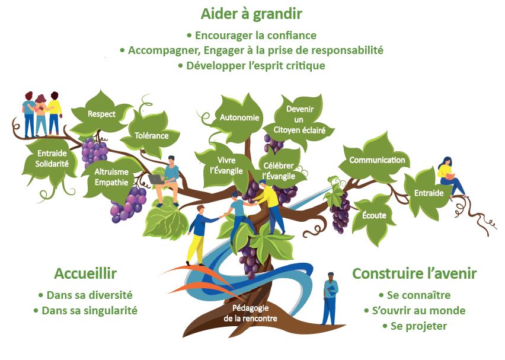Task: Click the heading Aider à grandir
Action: pyautogui.click(x=251, y=14)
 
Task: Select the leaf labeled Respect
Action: pyautogui.click(x=101, y=113)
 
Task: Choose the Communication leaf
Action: pyautogui.click(x=377, y=160)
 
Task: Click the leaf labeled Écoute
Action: pyautogui.click(x=374, y=216)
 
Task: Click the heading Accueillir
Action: pyautogui.click(x=85, y=273)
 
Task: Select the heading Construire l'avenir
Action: pyautogui.click(x=414, y=273)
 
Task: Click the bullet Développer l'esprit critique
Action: pyautogui.click(x=251, y=66)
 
